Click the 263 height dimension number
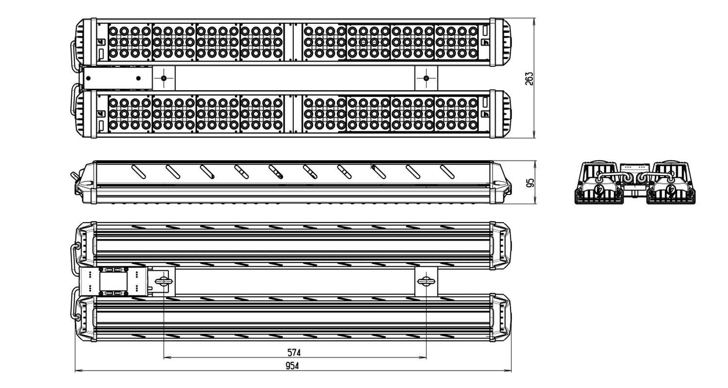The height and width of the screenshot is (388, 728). point(529,79)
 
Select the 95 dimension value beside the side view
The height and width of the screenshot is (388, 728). point(530,183)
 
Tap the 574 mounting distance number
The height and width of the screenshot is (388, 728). point(294,352)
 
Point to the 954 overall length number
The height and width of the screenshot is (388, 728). point(292,366)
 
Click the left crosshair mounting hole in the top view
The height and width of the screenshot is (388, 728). point(164,78)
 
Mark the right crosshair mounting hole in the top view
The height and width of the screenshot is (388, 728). point(427,78)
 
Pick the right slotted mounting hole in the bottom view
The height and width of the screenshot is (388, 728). point(426,281)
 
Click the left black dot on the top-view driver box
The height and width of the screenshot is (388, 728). point(88,78)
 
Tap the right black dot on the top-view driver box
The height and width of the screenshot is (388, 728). point(138,78)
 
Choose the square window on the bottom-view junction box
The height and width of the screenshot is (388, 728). point(114,281)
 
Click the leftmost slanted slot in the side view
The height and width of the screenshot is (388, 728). point(138,172)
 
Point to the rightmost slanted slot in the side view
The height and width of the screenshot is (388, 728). point(447,172)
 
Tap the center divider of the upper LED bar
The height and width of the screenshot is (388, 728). point(294,42)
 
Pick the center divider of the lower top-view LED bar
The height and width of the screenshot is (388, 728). point(294,114)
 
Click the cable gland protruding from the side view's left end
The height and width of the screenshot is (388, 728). point(74,177)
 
